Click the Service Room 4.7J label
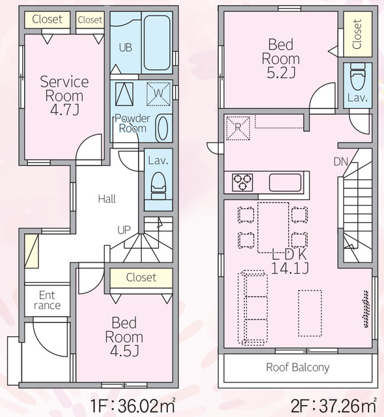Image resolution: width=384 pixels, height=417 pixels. coord(64,96)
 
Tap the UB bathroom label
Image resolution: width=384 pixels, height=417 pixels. coord(126,48)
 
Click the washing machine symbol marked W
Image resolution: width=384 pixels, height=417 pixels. coord(159,94)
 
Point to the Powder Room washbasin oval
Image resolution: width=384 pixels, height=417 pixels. coord(161,128)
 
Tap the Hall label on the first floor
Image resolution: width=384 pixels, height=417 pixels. coord(107,199)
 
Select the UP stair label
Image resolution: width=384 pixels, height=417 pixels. coord(124,230)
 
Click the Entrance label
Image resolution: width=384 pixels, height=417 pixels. coord(47,300)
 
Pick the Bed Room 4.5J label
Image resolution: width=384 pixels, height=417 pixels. coord(124,336)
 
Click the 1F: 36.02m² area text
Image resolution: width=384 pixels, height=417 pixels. coord(133,405)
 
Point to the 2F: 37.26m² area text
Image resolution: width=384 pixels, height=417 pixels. coord(333,405)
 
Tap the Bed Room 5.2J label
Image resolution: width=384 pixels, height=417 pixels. coord(281,59)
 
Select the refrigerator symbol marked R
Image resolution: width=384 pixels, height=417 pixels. coord(238,128)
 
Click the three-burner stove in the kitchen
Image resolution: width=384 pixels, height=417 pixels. coord(242,182)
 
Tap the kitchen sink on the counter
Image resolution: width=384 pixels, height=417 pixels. coord(285,182)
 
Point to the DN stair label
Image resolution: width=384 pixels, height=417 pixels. coord(340,162)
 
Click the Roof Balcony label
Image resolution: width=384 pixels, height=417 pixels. coord(297,367)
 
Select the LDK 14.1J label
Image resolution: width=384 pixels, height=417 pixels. coord(290,261)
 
